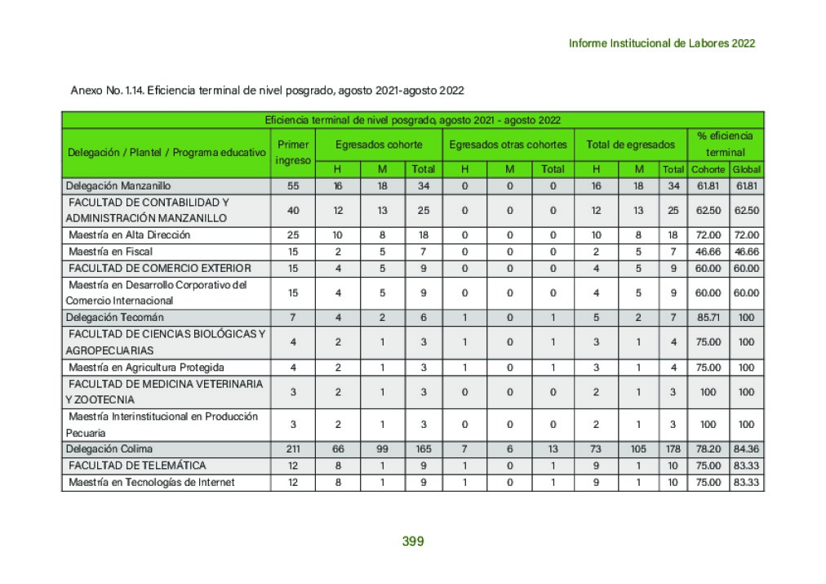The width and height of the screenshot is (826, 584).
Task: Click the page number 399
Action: [x=413, y=541]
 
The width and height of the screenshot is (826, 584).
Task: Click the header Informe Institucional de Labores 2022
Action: [x=661, y=43]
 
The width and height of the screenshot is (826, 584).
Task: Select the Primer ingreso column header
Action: [x=293, y=152]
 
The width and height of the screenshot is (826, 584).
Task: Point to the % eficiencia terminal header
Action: [x=725, y=144]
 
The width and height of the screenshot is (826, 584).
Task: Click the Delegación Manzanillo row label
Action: [x=118, y=186]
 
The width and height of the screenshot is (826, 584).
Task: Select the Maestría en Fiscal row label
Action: [x=110, y=252]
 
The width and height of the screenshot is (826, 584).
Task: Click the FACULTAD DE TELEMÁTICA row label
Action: [x=137, y=466]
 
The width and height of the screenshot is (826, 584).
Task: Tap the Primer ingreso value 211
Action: [x=293, y=449]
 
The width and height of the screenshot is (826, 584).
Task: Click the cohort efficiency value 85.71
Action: [x=707, y=317]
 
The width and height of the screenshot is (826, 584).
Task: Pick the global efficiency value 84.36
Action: [x=746, y=449]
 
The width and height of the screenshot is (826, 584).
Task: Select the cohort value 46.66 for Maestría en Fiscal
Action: [x=707, y=252]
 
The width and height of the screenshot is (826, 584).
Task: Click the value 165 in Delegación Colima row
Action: [x=423, y=449]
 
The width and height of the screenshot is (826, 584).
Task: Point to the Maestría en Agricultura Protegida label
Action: [x=146, y=368]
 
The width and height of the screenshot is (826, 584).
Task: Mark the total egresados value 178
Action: [x=673, y=449]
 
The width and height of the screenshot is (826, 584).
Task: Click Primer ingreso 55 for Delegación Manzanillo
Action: [x=293, y=186]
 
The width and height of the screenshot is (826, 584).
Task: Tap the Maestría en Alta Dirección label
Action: [x=129, y=235]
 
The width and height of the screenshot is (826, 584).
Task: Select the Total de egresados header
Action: [x=630, y=145]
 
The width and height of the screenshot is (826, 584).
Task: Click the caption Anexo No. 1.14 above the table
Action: [x=268, y=90]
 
